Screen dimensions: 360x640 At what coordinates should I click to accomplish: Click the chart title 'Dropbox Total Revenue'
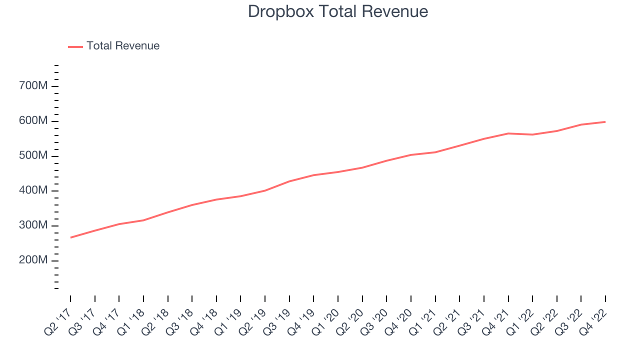click(338, 11)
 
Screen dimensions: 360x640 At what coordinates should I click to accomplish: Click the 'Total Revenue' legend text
click(123, 46)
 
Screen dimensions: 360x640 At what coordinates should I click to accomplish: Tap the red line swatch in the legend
click(75, 46)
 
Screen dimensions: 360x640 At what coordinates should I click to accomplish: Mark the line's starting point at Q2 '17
click(70, 237)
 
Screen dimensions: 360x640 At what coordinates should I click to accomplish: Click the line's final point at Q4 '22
click(605, 121)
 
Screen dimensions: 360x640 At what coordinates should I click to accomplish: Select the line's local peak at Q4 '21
click(508, 133)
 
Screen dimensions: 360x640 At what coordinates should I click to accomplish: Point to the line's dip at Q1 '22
click(532, 134)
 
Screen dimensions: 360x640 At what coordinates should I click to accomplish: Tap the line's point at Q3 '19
click(289, 181)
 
